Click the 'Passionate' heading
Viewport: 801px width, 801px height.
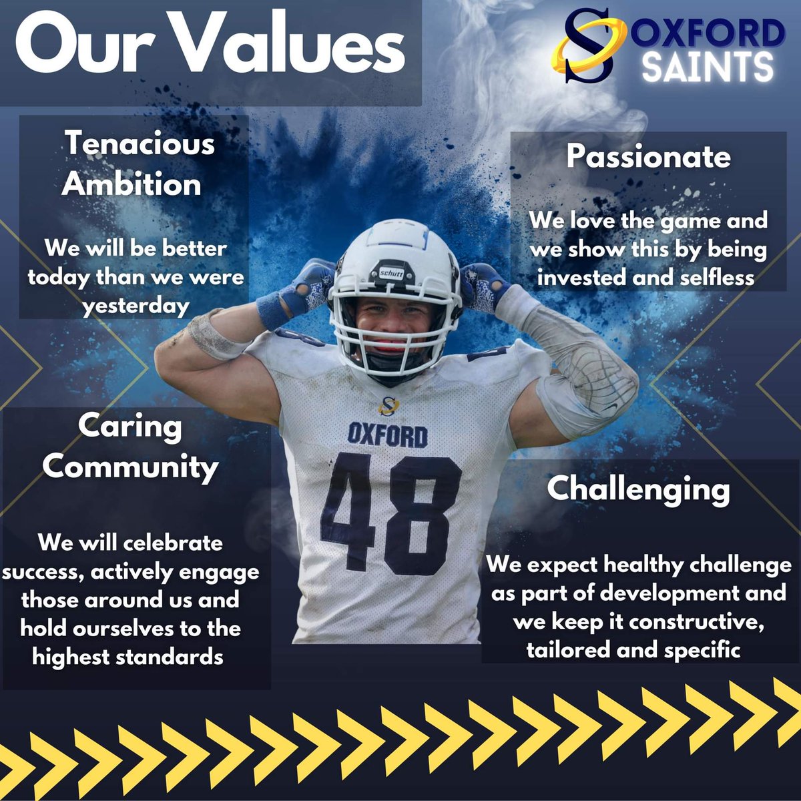coord(649,157)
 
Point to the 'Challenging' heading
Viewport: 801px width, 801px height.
coord(639,489)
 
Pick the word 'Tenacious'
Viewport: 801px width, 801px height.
coord(140,144)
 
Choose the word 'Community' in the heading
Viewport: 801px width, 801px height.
coord(130,467)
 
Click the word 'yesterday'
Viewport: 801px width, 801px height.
coord(136,306)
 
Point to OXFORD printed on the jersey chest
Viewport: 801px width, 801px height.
coord(388,435)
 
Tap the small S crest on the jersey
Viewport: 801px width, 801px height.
coord(388,405)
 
